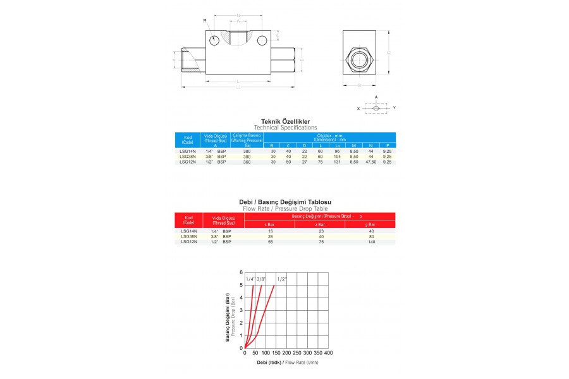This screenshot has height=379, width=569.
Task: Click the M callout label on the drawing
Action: (x=205, y=21)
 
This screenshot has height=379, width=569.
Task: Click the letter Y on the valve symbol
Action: (x=394, y=108)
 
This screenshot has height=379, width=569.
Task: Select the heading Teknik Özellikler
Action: (x=285, y=121)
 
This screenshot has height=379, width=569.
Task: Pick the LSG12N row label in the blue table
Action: (x=188, y=162)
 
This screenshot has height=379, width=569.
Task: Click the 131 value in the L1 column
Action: (x=337, y=162)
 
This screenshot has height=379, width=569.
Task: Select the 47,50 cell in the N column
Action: (x=370, y=162)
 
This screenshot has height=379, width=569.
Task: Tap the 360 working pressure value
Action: (x=247, y=162)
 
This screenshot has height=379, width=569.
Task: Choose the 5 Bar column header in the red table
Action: (x=371, y=224)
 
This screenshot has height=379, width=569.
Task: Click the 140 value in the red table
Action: (x=371, y=242)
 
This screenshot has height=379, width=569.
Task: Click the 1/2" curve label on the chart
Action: (x=282, y=279)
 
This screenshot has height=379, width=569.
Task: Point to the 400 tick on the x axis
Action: (x=328, y=352)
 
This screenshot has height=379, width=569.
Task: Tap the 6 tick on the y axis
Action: (x=241, y=273)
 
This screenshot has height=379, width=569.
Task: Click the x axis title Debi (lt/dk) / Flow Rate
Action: (x=288, y=363)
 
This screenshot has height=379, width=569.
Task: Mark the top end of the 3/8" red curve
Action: (x=261, y=286)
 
